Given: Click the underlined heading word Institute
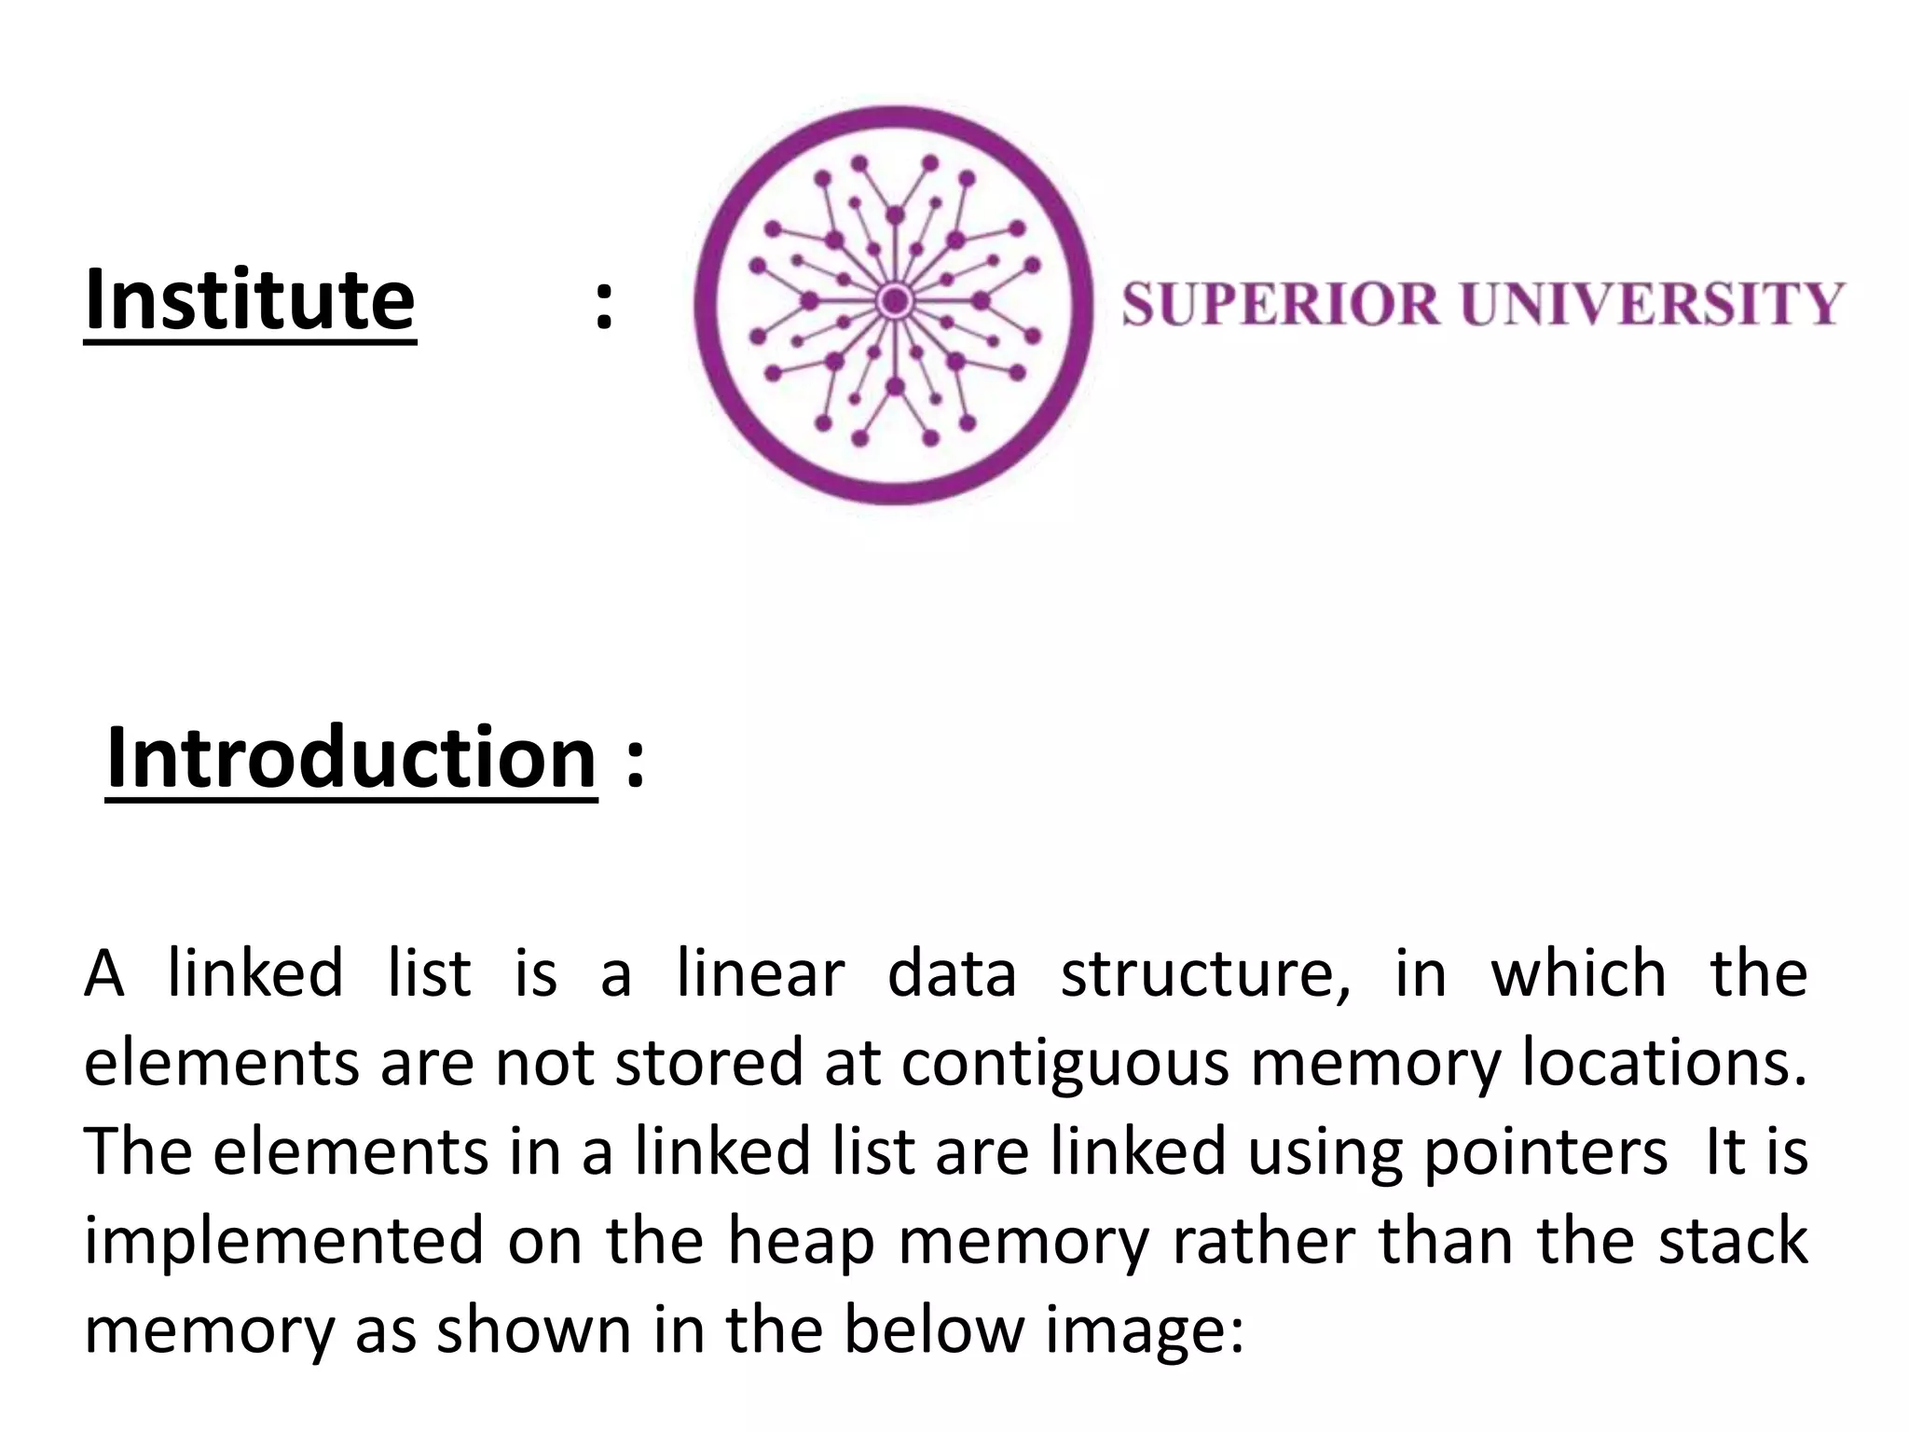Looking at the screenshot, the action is pos(250,300).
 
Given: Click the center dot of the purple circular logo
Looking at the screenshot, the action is pos(895,301).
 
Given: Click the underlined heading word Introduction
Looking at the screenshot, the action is pos(351,757).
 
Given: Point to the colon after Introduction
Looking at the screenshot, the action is pos(635,759).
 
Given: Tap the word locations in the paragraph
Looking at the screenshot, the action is pos(1664,1063).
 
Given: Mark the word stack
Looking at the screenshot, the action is pos(1733,1242).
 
